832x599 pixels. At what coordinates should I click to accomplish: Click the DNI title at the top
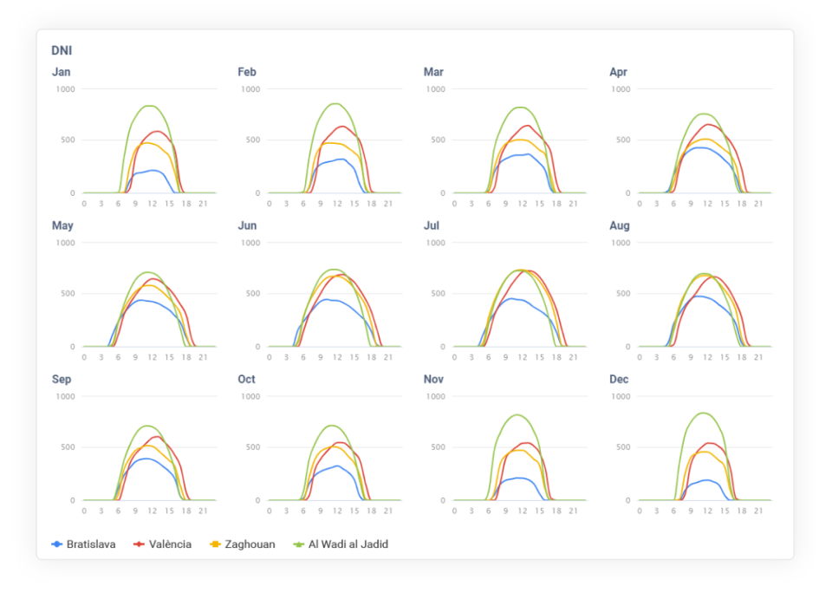[x=61, y=52]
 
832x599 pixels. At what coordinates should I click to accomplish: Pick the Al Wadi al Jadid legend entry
[x=341, y=544]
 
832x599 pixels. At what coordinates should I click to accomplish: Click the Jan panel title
[x=61, y=72]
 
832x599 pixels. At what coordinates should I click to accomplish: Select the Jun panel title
[x=247, y=225]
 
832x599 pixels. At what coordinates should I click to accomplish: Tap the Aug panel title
[x=620, y=225]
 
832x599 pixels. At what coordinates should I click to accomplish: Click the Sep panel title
[x=62, y=379]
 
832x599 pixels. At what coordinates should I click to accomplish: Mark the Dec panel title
[x=619, y=379]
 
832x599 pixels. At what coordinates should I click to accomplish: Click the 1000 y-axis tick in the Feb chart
[x=250, y=89]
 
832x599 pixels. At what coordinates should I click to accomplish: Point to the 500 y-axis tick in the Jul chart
[x=438, y=294]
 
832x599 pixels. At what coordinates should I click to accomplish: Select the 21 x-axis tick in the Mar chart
[x=573, y=204]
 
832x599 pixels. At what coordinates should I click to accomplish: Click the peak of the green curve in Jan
[x=150, y=106]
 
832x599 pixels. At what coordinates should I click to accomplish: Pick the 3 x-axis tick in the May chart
[x=101, y=357]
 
